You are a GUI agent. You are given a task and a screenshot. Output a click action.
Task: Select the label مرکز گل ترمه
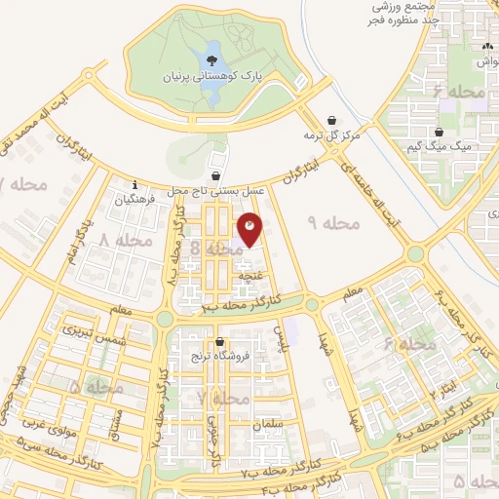pyautogui.click(x=330, y=134)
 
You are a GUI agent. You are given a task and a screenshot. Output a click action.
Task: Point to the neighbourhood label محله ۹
pyautogui.click(x=333, y=224)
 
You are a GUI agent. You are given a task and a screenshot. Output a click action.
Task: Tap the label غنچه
pyautogui.click(x=256, y=276)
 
